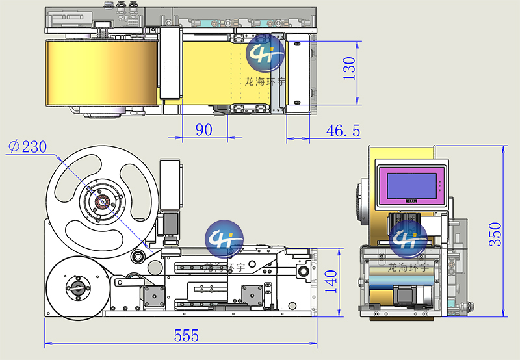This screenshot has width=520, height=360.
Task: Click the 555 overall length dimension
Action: pyautogui.click(x=187, y=335)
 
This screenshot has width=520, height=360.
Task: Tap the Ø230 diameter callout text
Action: pyautogui.click(x=27, y=146)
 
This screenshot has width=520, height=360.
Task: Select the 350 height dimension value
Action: pyautogui.click(x=495, y=234)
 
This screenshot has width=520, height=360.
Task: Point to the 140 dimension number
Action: pyautogui.click(x=331, y=281)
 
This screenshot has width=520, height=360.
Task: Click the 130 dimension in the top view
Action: pyautogui.click(x=349, y=68)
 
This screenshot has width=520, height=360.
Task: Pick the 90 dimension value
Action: pyautogui.click(x=204, y=129)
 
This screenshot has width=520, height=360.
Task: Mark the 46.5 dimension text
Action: pyautogui.click(x=343, y=131)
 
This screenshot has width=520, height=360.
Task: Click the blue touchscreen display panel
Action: pyautogui.click(x=412, y=186)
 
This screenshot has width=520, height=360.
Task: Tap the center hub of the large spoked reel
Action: pyautogui.click(x=102, y=201)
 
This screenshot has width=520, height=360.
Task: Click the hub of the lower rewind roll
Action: pyautogui.click(x=78, y=288)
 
